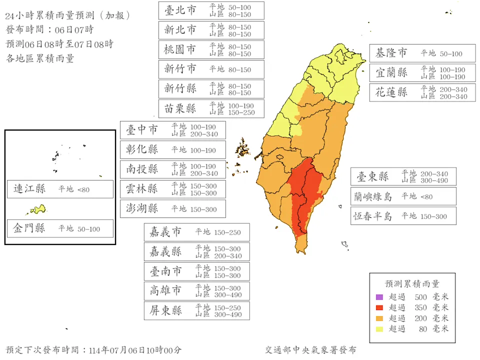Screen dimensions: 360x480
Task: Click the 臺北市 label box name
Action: (x=180, y=10)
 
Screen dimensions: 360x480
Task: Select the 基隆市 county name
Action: (x=391, y=53)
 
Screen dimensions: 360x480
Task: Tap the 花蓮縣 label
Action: (x=391, y=92)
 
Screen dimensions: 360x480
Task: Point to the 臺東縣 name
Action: (x=372, y=176)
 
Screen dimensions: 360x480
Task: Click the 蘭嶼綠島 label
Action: (x=372, y=196)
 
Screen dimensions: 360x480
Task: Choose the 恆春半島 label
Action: (x=372, y=216)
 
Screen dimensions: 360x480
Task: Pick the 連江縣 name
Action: (x=29, y=189)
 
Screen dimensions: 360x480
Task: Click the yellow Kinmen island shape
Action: (x=36, y=209)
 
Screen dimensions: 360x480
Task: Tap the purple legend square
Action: (x=379, y=297)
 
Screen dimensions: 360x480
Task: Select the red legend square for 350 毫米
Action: (x=379, y=307)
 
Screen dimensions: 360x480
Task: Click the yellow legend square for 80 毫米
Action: (x=379, y=328)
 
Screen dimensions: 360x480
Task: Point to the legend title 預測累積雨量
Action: (x=412, y=284)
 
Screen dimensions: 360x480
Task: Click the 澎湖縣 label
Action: (x=141, y=208)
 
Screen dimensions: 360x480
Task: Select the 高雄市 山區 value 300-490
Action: (x=228, y=295)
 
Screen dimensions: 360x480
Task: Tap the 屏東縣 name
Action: (x=165, y=310)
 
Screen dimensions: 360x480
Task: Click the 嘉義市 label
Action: (x=165, y=232)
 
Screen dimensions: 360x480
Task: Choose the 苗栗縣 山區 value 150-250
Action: (x=241, y=112)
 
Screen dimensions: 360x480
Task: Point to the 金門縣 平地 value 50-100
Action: (x=88, y=229)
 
